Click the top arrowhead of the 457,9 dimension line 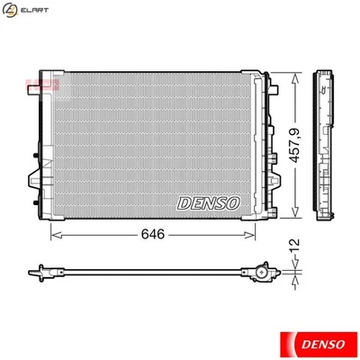tap(295, 73)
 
